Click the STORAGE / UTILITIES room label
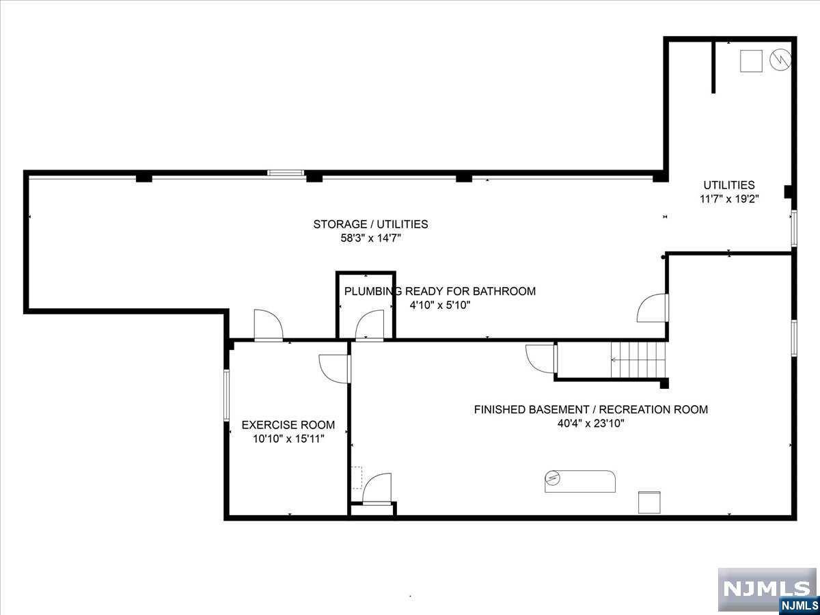click(370, 224)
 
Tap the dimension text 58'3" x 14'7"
click(370, 238)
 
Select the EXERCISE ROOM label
click(288, 425)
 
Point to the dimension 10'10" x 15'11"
click(288, 439)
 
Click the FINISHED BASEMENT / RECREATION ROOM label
click(591, 409)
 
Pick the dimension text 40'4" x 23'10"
click(591, 424)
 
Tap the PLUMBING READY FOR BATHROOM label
click(439, 291)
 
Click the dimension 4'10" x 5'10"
click(439, 305)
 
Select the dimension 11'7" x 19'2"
click(729, 199)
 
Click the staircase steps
click(638, 360)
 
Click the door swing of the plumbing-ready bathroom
click(370, 325)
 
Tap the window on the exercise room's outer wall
click(226, 396)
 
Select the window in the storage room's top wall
click(286, 172)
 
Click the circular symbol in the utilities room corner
click(780, 60)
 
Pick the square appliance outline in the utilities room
click(751, 61)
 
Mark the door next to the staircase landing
click(541, 359)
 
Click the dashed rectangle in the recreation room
click(357, 478)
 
